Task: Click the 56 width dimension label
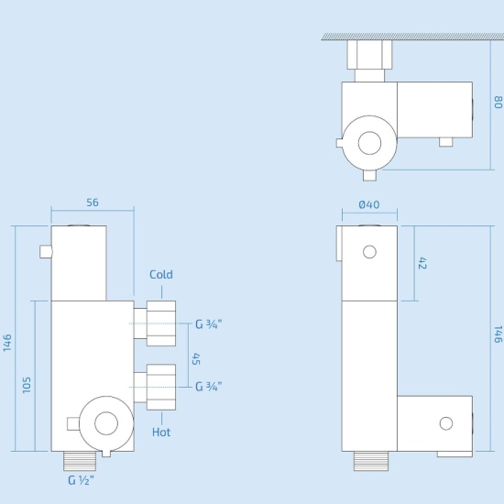pyautogui.click(x=92, y=203)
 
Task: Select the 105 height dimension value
pyautogui.click(x=27, y=385)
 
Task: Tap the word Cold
pyautogui.click(x=161, y=274)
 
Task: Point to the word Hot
pyautogui.click(x=161, y=432)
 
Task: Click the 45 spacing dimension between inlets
pyautogui.click(x=195, y=358)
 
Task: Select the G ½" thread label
pyautogui.click(x=80, y=478)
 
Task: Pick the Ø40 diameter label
pyautogui.click(x=369, y=203)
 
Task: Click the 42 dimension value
pyautogui.click(x=423, y=263)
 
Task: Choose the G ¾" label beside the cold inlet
pyautogui.click(x=208, y=323)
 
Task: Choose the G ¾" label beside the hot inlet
pyautogui.click(x=208, y=386)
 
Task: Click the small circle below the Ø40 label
pyautogui.click(x=369, y=251)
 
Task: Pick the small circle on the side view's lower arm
pyautogui.click(x=445, y=423)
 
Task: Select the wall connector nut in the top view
pyautogui.click(x=369, y=60)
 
